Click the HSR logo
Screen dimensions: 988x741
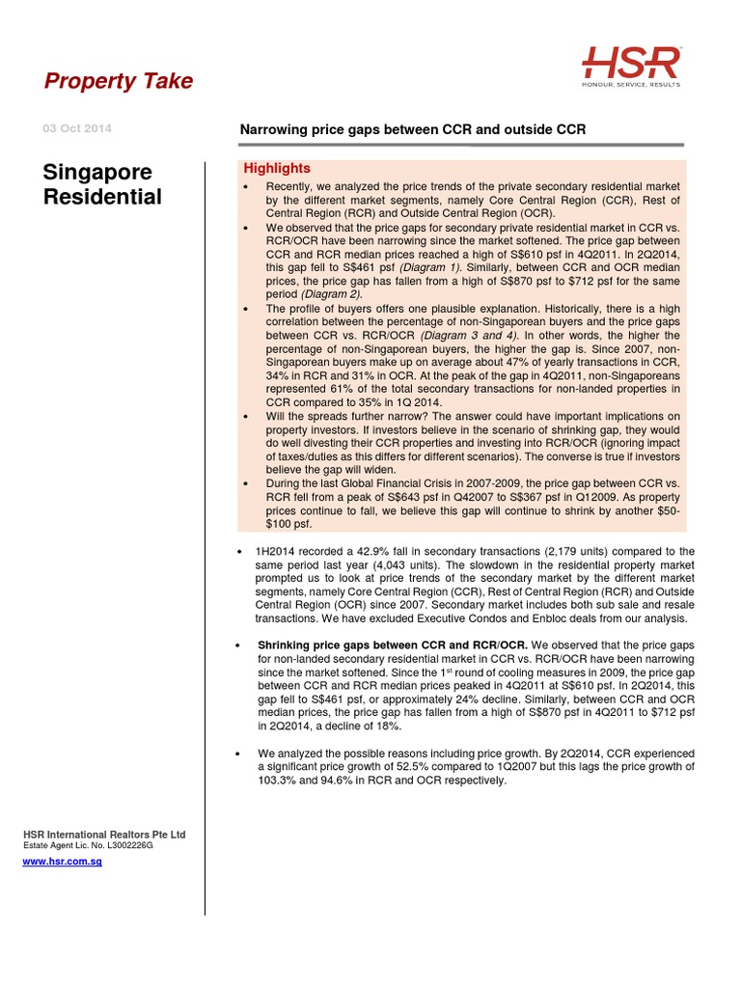coord(631,64)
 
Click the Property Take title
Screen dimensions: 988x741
coord(119,82)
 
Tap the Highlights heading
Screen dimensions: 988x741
coord(277,168)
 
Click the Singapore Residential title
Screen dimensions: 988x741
coord(102,185)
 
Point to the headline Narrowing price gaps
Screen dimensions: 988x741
coord(412,130)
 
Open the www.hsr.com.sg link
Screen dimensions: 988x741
coord(62,861)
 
